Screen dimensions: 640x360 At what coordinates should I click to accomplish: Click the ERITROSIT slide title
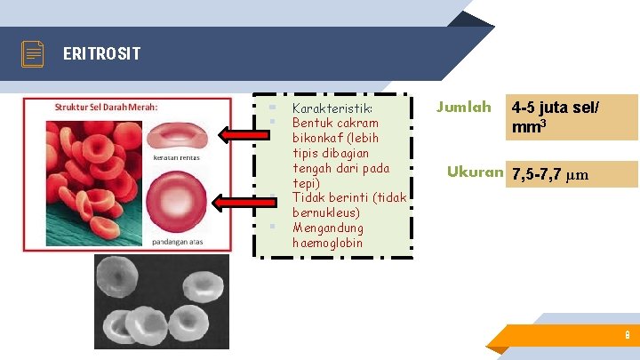click(101, 54)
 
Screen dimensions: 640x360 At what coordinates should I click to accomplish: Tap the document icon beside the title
click(33, 54)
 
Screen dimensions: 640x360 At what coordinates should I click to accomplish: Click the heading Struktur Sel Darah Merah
click(107, 107)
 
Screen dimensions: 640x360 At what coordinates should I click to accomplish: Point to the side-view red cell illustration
click(177, 135)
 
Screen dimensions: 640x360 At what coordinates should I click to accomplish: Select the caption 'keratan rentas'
click(175, 158)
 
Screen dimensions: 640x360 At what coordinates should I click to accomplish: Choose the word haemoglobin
click(327, 243)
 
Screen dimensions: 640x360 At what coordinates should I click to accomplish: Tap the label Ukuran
click(474, 172)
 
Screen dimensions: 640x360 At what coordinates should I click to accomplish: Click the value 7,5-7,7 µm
click(550, 174)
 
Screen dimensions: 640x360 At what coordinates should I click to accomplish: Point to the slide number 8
click(628, 336)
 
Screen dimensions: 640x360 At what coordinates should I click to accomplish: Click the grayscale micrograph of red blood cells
click(161, 301)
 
